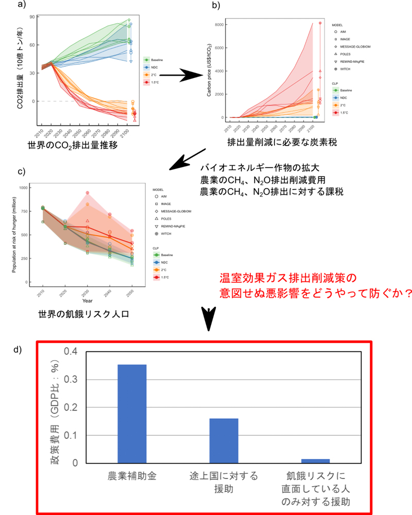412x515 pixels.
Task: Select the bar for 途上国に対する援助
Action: pos(224,440)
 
